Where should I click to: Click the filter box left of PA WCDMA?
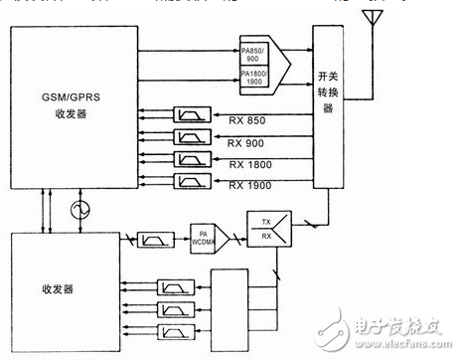point(154,240)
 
